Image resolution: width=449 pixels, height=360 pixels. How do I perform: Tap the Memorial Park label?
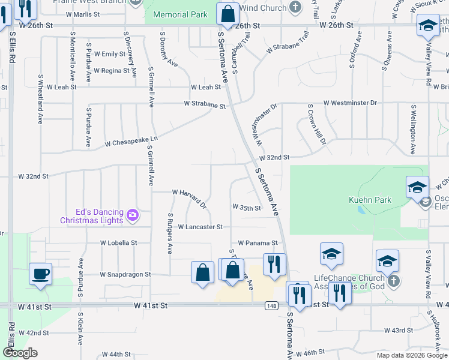click(180, 14)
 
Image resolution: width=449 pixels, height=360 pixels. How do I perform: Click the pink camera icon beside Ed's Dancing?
click(133, 214)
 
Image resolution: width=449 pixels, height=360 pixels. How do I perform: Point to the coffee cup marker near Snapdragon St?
click(40, 274)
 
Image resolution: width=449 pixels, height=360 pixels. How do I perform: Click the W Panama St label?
click(258, 243)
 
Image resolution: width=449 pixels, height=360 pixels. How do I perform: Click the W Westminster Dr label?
click(349, 103)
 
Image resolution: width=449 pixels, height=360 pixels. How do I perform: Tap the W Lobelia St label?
click(119, 243)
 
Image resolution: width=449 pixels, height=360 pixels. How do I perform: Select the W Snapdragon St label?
click(125, 274)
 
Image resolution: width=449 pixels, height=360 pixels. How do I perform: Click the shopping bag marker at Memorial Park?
click(228, 15)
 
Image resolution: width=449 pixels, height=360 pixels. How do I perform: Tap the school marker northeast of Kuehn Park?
click(417, 187)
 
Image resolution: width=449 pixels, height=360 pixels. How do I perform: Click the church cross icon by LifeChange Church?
click(393, 281)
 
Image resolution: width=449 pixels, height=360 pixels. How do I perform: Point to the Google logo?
click(20, 353)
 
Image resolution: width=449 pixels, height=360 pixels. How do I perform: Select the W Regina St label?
click(111, 71)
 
